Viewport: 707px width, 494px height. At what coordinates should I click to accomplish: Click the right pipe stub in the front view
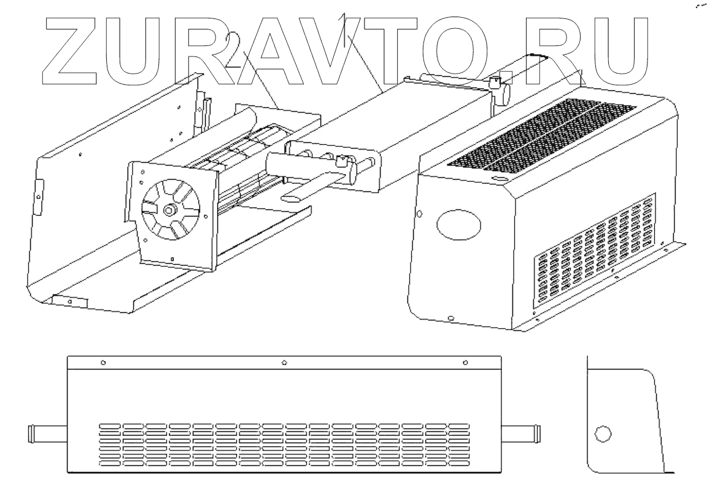(522, 434)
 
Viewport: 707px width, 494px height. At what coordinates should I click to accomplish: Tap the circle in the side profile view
(603, 434)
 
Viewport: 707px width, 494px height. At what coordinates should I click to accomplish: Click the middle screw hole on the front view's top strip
(284, 362)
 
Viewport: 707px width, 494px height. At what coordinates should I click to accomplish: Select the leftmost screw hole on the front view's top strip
(103, 362)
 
